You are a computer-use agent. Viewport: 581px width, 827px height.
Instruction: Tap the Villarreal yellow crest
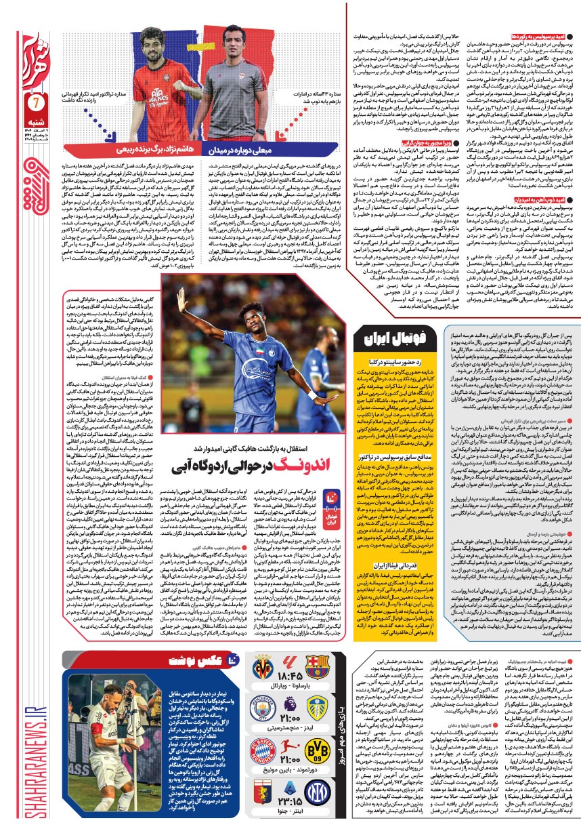[262, 666]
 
